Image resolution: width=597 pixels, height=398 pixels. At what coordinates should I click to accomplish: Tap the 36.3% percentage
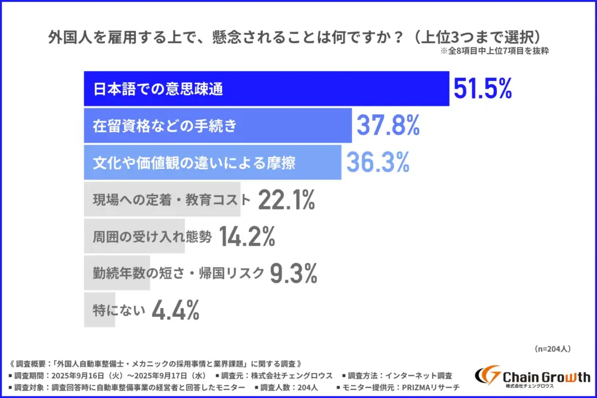click(x=378, y=163)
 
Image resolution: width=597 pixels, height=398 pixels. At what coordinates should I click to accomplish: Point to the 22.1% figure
click(x=286, y=200)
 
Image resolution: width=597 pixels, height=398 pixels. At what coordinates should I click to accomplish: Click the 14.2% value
click(x=247, y=237)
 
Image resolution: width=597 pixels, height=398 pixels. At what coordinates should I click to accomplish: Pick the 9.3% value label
click(x=294, y=273)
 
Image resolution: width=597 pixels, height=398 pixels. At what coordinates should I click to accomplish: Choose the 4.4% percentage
click(x=175, y=310)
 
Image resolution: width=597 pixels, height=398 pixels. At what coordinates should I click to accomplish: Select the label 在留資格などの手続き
click(x=165, y=126)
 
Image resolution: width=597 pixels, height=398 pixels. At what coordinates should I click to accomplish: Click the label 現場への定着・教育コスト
click(x=171, y=200)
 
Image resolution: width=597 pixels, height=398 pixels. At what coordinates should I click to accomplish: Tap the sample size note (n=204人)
click(x=552, y=348)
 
